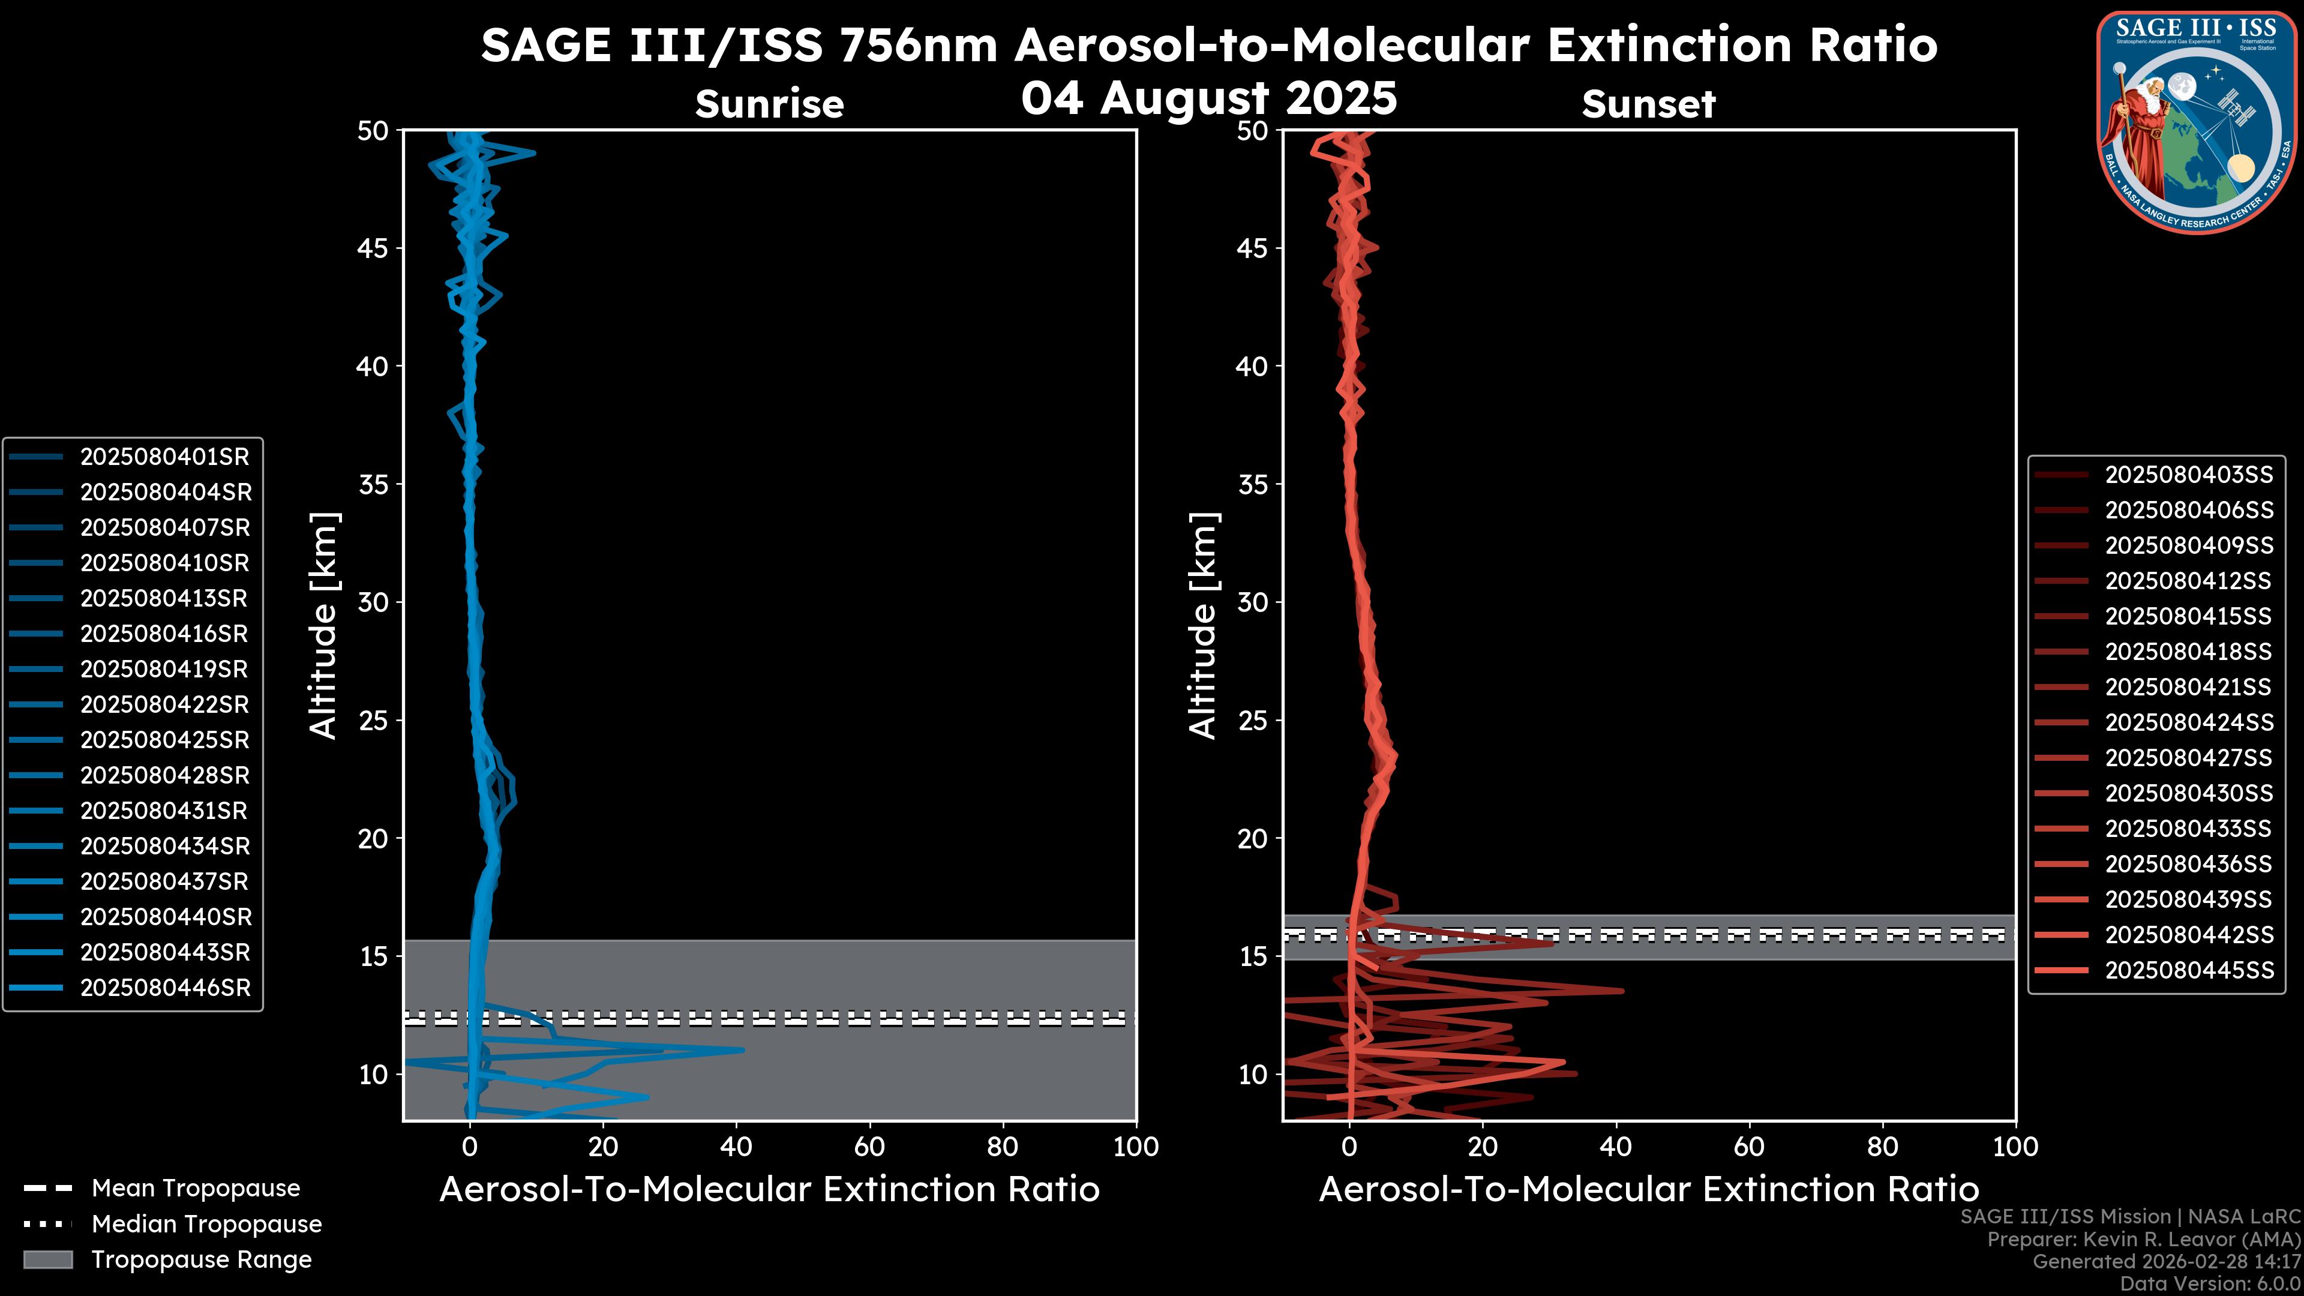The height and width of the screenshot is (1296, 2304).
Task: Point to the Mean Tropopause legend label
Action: coord(196,1189)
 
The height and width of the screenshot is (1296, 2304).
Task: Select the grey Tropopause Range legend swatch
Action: coord(47,1260)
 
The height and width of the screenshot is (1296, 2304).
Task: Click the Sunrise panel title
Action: coord(769,104)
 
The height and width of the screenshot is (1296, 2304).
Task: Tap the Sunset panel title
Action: coord(1648,104)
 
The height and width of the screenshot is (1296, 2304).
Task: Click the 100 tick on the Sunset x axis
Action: coord(2015,1147)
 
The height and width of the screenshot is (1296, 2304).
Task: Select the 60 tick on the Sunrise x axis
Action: coord(869,1147)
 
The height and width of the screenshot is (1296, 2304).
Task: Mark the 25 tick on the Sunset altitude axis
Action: coord(1252,721)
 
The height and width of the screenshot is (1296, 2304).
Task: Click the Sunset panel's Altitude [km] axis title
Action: coord(1203,625)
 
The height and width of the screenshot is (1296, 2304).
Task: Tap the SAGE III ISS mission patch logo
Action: coord(2196,122)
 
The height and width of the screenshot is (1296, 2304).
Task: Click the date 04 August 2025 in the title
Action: coord(1208,98)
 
